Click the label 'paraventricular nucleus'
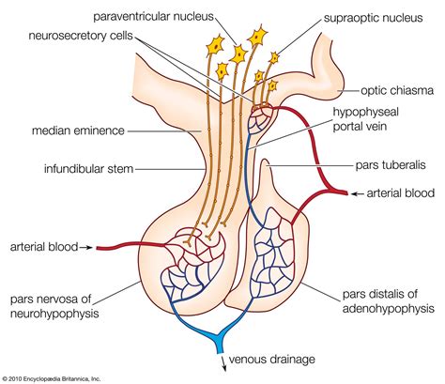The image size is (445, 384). [157, 16]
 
